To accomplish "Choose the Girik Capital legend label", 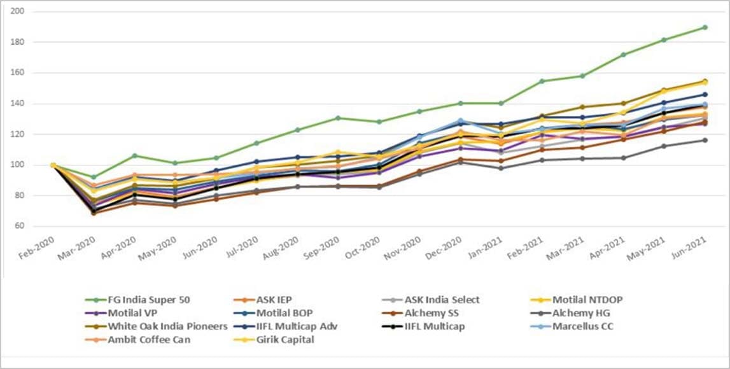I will pyautogui.click(x=294, y=340).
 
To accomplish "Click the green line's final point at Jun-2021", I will pyautogui.click(x=705, y=27).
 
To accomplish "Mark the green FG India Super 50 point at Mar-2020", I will pyautogui.click(x=94, y=178).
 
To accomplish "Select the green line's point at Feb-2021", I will pyautogui.click(x=542, y=81).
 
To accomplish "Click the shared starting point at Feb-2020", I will pyautogui.click(x=53, y=165).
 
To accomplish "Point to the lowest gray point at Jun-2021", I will pyautogui.click(x=705, y=140).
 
